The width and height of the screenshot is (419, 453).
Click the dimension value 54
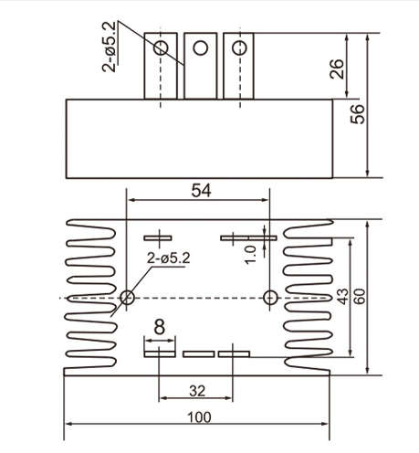point(201,189)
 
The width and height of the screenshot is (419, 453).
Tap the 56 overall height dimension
point(358,112)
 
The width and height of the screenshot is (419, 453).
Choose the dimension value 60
point(359,297)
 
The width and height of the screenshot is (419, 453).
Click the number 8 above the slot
point(159,327)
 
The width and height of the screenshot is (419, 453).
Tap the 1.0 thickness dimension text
point(250,248)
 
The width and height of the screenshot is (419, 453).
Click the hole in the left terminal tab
point(162,47)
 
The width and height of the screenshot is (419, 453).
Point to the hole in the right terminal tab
point(239,47)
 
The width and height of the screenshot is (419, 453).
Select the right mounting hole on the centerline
point(269,298)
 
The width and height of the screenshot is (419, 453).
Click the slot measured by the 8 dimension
point(159,346)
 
